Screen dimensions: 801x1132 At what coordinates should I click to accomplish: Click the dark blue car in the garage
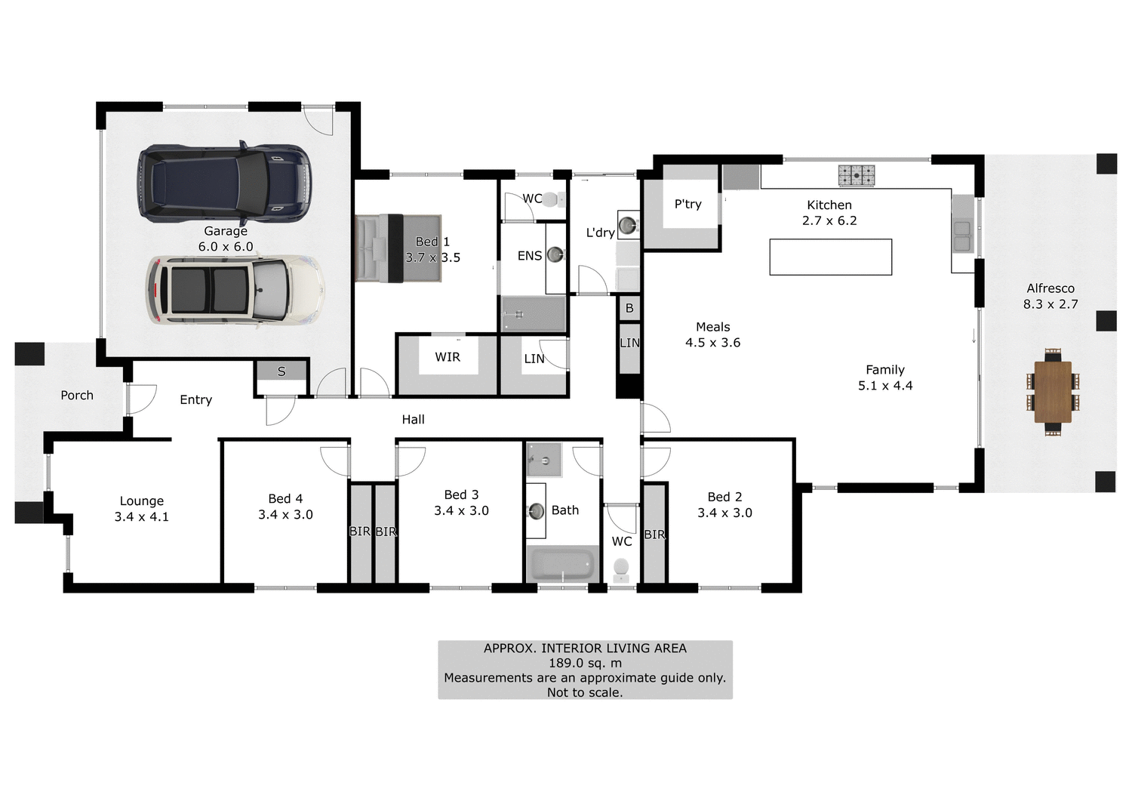pyautogui.click(x=224, y=183)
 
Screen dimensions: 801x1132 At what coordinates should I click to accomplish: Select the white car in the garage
pyautogui.click(x=235, y=291)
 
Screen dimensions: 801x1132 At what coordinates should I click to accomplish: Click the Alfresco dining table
pyautogui.click(x=1053, y=392)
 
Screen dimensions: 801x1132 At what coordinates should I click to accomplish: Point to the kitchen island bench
pyautogui.click(x=830, y=257)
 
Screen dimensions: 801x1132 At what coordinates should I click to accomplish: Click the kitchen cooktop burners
pyautogui.click(x=856, y=175)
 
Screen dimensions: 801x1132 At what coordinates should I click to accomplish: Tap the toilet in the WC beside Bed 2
pyautogui.click(x=621, y=568)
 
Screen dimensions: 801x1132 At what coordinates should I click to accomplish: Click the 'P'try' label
pyautogui.click(x=688, y=204)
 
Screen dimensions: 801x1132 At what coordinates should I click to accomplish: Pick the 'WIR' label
pyautogui.click(x=448, y=357)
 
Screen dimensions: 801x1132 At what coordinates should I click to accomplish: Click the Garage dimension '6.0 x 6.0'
pyautogui.click(x=226, y=247)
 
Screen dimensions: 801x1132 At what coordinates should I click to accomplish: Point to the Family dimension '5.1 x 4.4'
pyautogui.click(x=884, y=386)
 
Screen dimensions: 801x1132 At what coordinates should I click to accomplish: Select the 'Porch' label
pyautogui.click(x=77, y=396)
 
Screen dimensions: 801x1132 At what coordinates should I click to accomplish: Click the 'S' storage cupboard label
pyautogui.click(x=281, y=371)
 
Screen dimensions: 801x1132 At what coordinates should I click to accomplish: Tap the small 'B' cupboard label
pyautogui.click(x=629, y=308)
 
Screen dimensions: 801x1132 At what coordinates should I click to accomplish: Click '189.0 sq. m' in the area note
pyautogui.click(x=585, y=663)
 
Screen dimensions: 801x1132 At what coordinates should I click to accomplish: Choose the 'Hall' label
pyautogui.click(x=413, y=420)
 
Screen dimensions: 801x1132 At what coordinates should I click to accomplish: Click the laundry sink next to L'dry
pyautogui.click(x=627, y=224)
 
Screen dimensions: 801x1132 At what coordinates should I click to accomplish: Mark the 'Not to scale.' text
pyautogui.click(x=585, y=692)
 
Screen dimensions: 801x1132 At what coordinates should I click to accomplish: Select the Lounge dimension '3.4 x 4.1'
pyautogui.click(x=142, y=517)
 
